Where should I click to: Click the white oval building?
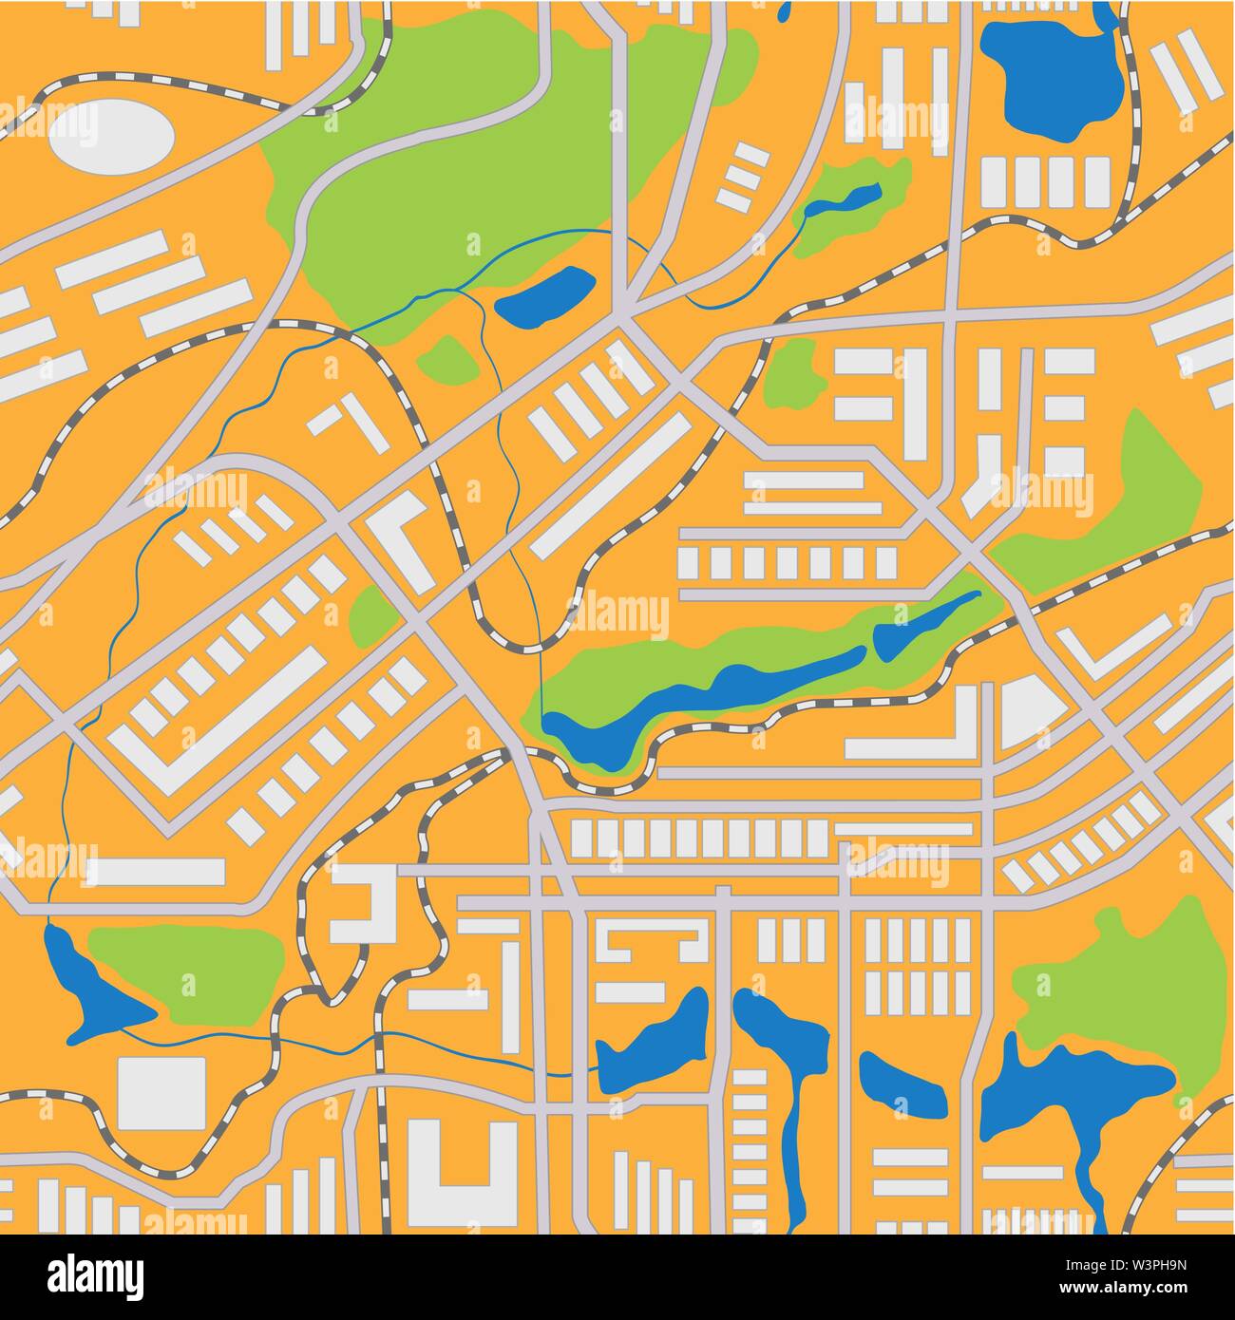(111, 137)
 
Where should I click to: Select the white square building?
(161, 1092)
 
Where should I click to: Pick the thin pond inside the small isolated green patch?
(845, 200)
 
